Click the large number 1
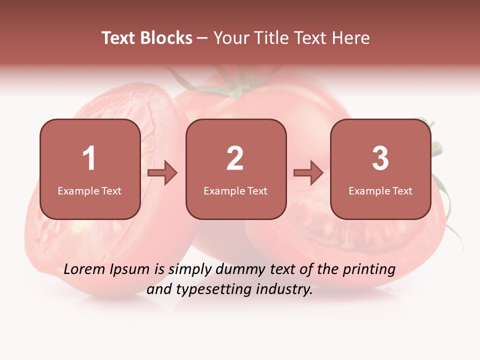point(89,158)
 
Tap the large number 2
point(235,158)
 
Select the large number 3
point(380,158)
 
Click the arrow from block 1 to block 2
point(163,173)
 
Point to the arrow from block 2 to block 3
point(308,173)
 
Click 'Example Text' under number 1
point(89,190)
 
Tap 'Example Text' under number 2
point(235,190)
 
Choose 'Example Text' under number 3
point(380,190)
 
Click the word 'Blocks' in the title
point(166,38)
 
